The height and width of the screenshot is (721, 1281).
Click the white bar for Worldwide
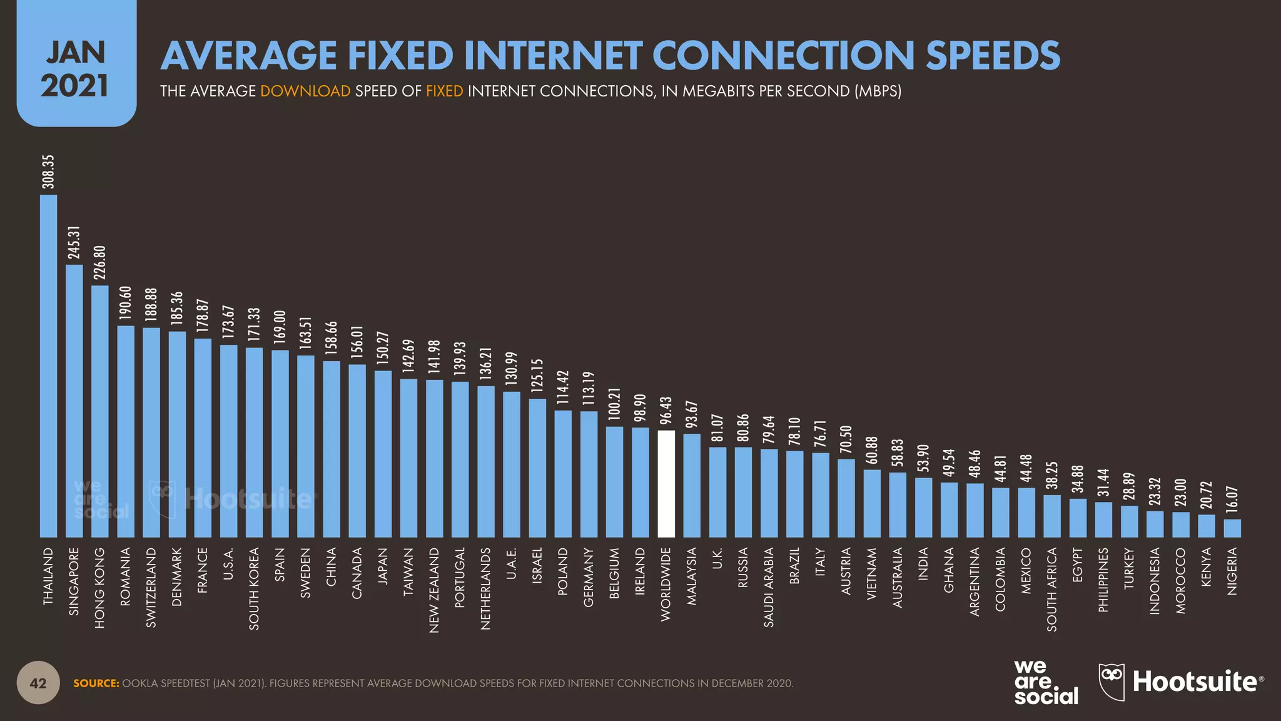666,483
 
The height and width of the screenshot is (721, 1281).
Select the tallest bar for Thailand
49,366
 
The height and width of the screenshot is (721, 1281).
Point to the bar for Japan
383,454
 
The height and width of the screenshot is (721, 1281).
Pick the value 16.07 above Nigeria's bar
1232,499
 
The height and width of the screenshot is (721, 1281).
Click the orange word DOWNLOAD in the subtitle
305,91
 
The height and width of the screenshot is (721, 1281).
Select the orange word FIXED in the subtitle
444,91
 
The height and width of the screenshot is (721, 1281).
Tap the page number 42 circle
38,683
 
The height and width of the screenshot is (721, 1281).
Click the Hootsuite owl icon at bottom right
1111,681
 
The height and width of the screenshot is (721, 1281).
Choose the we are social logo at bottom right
1046,683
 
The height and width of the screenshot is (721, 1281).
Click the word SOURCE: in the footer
96,683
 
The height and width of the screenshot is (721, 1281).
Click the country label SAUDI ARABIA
769,587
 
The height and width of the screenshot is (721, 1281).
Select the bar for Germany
589,474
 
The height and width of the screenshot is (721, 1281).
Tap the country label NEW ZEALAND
434,590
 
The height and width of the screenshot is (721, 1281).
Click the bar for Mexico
1026,512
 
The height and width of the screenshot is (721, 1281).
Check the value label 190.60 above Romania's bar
126,304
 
